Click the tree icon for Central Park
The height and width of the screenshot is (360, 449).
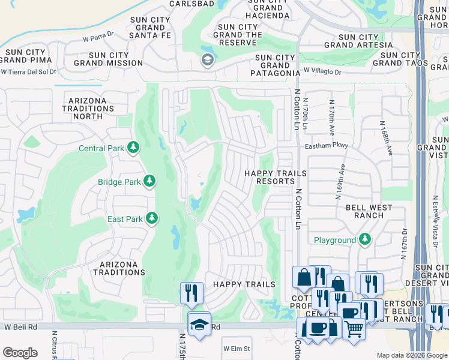(133, 148)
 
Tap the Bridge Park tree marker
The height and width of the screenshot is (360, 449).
(149, 181)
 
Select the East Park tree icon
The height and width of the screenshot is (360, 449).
(152, 219)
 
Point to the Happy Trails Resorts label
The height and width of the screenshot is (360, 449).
(275, 177)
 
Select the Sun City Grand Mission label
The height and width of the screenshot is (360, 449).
(108, 59)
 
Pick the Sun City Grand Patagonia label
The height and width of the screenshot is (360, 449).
(275, 65)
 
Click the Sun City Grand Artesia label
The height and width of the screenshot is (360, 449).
(351, 41)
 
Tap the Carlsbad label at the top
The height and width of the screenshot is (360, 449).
(175, 4)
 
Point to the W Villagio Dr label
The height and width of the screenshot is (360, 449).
(322, 71)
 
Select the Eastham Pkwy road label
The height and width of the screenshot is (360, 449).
(327, 145)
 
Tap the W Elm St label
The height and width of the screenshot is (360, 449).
(236, 348)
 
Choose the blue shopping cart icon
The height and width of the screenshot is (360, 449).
(354, 328)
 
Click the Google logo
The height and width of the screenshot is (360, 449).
(20, 352)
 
